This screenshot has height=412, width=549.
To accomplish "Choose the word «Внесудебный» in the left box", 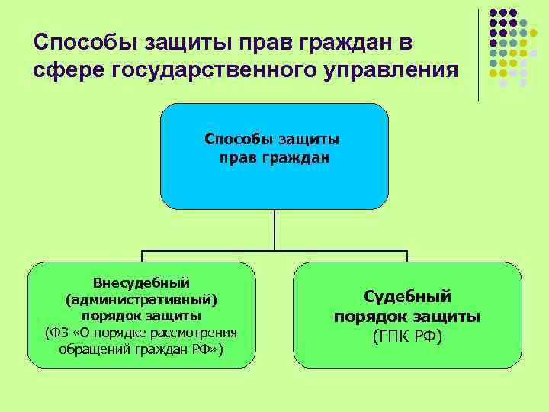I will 141,282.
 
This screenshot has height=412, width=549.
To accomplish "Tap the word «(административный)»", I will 141,299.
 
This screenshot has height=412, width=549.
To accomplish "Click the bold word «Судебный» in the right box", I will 407,296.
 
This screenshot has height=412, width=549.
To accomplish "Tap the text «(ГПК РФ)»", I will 407,336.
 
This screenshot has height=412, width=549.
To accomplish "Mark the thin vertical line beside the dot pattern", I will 479,53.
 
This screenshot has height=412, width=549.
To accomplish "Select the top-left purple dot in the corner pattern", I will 493,14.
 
